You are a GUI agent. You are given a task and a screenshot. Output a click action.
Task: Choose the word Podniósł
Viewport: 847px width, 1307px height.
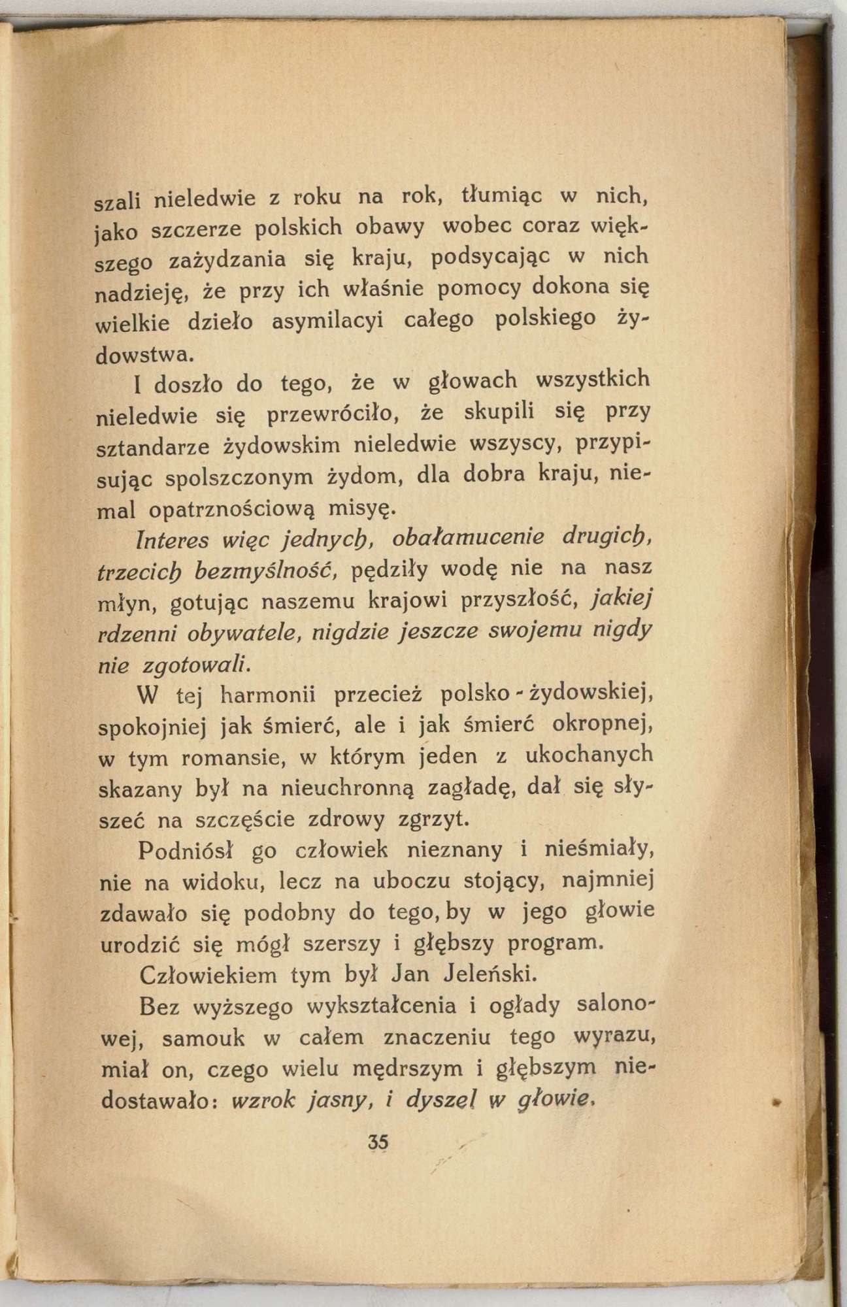180,851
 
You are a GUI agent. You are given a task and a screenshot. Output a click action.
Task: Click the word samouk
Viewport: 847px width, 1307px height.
201,1038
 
